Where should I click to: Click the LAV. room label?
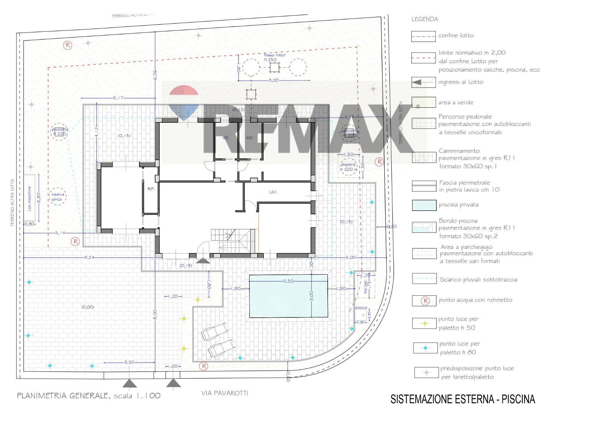coord(273,192)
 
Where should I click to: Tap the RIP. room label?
coord(151,189)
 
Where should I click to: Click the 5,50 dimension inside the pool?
coord(288,281)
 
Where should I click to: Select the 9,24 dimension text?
coord(89,257)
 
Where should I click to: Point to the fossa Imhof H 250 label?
coord(274,57)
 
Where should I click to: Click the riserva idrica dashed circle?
coord(57,197)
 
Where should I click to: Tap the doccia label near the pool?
coord(361,307)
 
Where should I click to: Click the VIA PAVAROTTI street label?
coord(225,393)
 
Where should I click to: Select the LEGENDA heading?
coord(425,19)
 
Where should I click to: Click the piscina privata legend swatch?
coord(424,205)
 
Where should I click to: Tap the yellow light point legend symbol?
coord(425,323)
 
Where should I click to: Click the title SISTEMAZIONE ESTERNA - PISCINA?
coord(463,399)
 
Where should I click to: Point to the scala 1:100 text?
coord(137,396)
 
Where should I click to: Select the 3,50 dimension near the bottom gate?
coord(129,362)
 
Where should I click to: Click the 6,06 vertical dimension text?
coord(155,75)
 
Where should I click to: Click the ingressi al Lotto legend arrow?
coord(417,82)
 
